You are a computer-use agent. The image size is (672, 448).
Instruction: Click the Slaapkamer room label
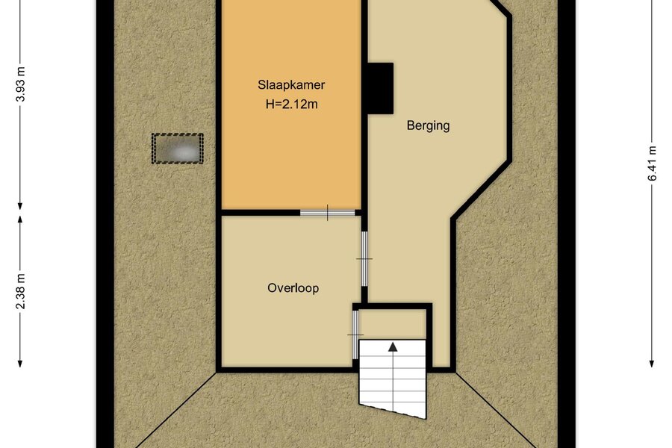(291, 85)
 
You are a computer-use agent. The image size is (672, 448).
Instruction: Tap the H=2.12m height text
(291, 104)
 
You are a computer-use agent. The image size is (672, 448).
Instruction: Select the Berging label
(428, 126)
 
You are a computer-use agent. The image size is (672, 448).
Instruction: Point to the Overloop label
(293, 287)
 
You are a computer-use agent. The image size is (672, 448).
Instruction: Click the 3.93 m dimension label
(20, 84)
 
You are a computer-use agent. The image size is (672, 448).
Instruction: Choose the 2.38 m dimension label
(20, 291)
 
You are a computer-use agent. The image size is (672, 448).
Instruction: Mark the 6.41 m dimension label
(651, 164)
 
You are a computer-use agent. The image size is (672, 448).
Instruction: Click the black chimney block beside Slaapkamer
(381, 88)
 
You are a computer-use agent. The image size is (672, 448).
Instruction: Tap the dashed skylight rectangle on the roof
(178, 149)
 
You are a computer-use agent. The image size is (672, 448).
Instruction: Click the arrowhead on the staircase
(393, 346)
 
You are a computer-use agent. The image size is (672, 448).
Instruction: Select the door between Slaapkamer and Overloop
(328, 213)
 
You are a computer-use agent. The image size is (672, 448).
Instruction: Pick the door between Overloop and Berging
(364, 259)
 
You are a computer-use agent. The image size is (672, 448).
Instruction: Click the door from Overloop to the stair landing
(355, 335)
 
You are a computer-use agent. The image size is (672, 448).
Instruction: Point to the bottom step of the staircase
(393, 408)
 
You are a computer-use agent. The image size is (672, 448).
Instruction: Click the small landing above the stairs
(392, 324)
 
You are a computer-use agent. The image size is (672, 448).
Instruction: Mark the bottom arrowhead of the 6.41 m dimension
(651, 363)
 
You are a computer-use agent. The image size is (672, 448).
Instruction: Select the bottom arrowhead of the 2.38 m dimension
(20, 363)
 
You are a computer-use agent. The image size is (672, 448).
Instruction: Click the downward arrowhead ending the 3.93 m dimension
(20, 206)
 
